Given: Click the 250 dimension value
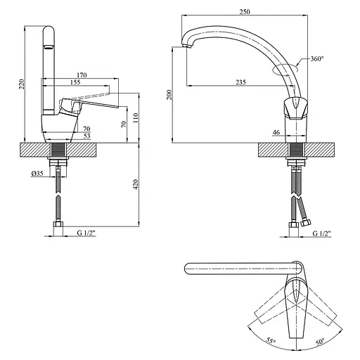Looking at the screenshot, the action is coord(245,12).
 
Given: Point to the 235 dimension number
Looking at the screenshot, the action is coord(240,82).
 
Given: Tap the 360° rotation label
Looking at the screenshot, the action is coord(317,58).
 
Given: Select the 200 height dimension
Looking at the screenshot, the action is coord(169,95).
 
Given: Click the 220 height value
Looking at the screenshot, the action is coord(22,84).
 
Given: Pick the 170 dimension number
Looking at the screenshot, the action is coord(82,75).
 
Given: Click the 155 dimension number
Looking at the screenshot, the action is coord(75,82).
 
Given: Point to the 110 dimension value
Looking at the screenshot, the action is coord(135,118).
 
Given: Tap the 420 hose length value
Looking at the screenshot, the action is coord(135,185).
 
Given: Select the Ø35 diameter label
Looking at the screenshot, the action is coord(37,174).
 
